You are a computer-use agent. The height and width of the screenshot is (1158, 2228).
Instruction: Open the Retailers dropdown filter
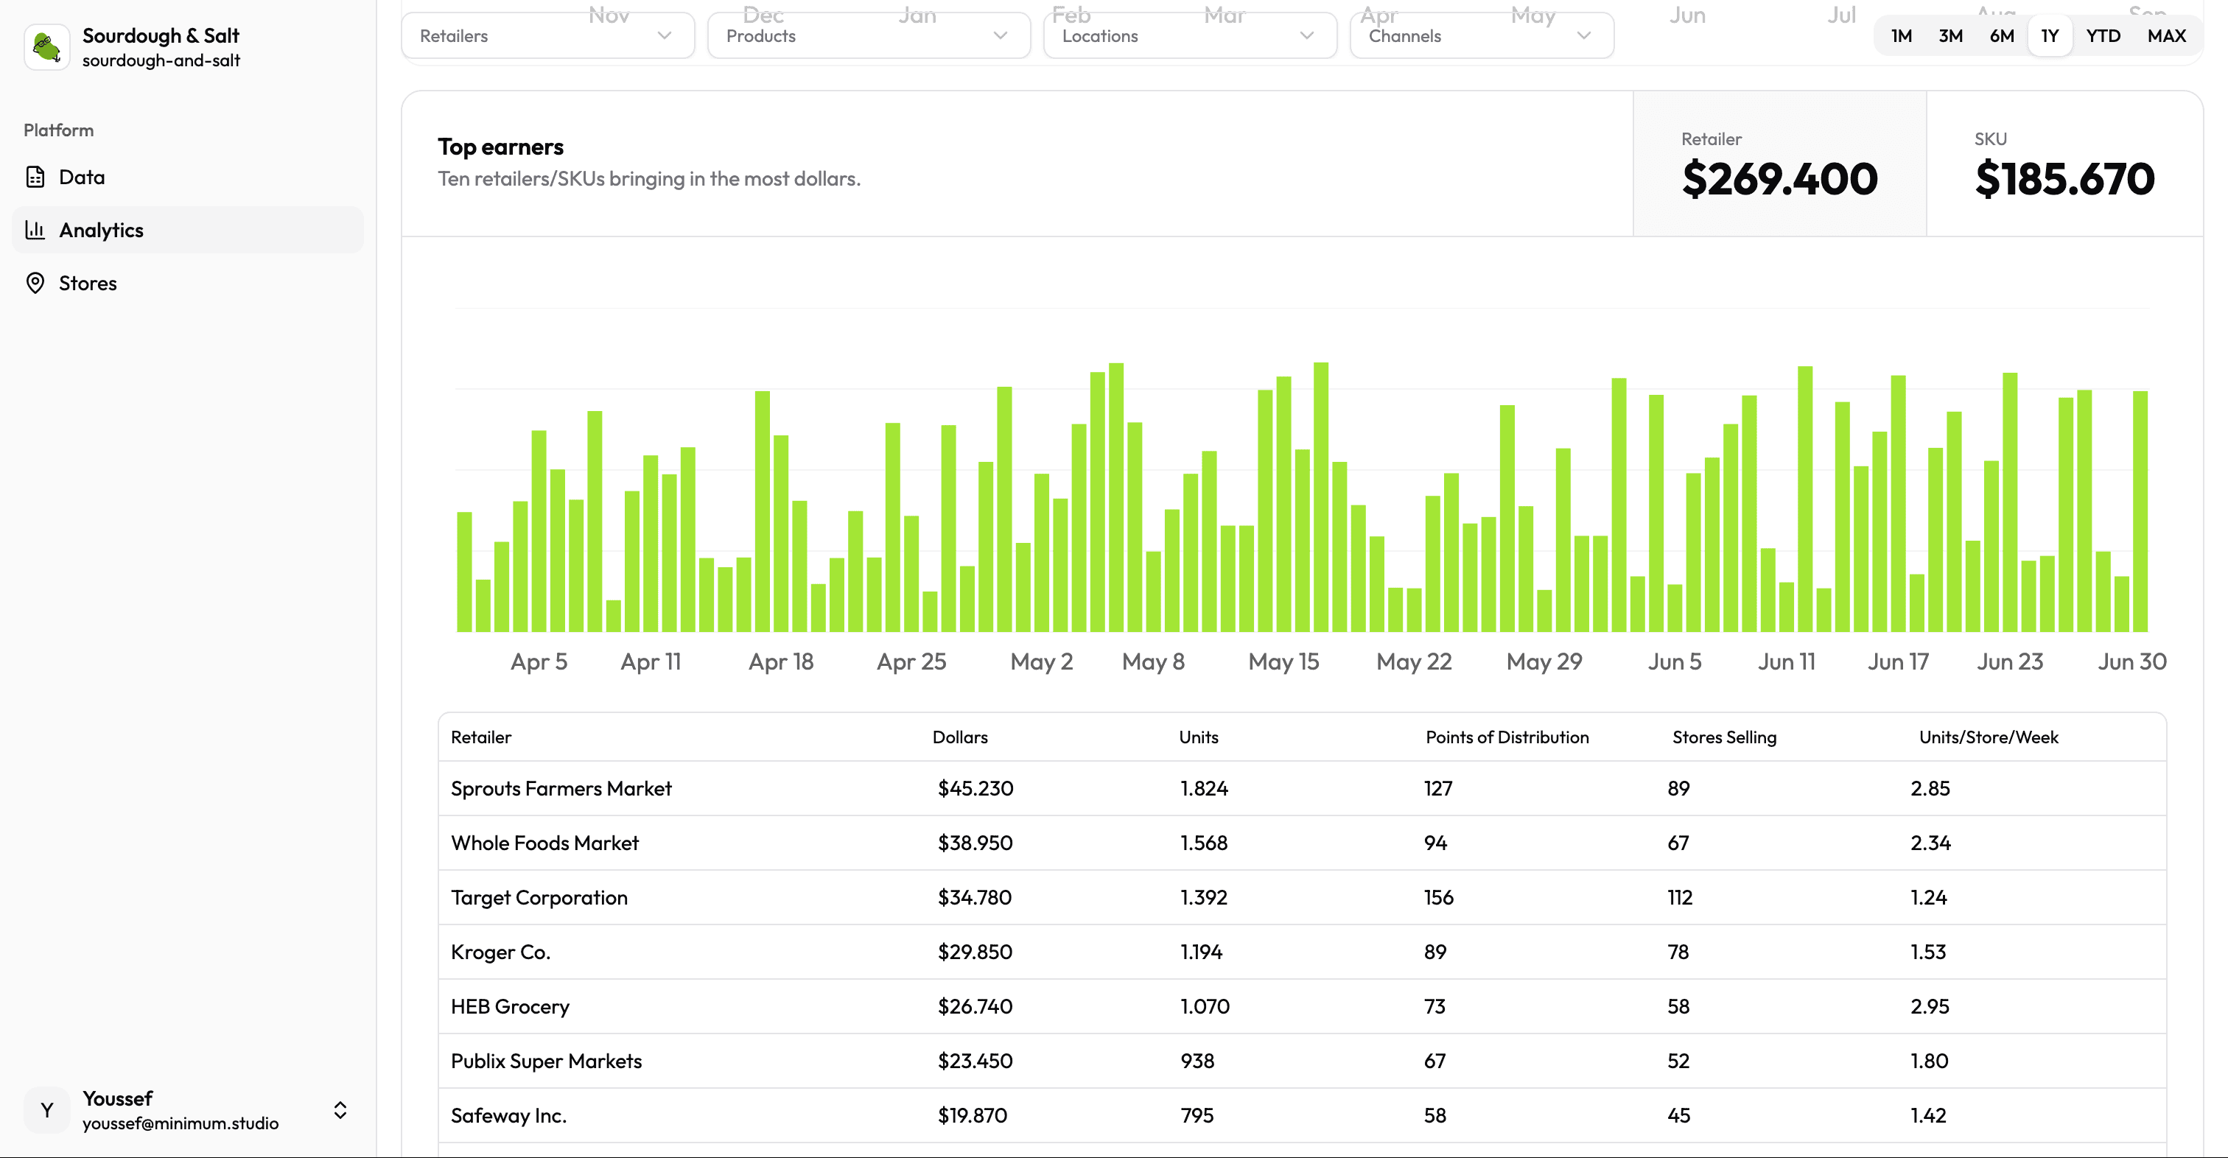click(547, 35)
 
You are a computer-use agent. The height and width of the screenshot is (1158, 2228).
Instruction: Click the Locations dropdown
click(1189, 35)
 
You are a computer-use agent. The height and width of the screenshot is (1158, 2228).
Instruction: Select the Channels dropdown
click(1481, 35)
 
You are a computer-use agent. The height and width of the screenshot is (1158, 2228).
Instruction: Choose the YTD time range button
click(2103, 35)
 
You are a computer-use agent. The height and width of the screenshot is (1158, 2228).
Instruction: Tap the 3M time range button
click(1949, 35)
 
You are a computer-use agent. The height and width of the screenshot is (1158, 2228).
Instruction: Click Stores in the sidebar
click(88, 283)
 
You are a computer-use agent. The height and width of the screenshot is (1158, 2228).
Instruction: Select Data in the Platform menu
click(81, 176)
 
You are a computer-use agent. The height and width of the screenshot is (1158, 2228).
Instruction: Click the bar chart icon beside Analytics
click(35, 229)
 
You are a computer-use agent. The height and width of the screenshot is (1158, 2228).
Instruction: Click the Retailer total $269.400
click(1779, 178)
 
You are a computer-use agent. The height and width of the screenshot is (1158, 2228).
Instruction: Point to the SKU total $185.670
click(2064, 178)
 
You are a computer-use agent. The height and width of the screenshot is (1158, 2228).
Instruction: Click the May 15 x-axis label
click(1283, 662)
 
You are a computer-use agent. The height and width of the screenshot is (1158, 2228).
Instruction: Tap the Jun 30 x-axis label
click(2131, 662)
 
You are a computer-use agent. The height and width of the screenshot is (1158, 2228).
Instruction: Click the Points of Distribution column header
click(1507, 737)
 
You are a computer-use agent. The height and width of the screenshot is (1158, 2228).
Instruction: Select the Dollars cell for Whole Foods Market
click(975, 842)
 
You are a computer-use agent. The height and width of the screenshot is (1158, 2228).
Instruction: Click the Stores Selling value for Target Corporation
click(1680, 896)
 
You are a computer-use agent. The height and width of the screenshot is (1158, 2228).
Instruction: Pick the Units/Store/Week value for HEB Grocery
click(1929, 1006)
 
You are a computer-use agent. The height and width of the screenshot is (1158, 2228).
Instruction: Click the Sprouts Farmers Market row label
click(561, 788)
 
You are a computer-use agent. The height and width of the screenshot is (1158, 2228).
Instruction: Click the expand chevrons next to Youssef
click(340, 1109)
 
